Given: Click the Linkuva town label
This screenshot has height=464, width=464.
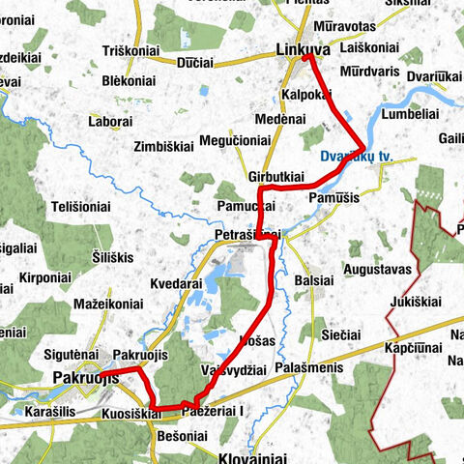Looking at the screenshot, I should (x=303, y=49).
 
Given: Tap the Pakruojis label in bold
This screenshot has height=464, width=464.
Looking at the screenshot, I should (x=86, y=378).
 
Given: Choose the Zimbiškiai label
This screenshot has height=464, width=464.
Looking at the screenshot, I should (x=167, y=148).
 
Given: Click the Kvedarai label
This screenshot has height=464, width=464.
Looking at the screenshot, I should (x=176, y=285).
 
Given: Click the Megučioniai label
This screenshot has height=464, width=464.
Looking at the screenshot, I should (x=234, y=140).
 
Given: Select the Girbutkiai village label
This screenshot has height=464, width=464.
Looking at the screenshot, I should (x=276, y=176).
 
